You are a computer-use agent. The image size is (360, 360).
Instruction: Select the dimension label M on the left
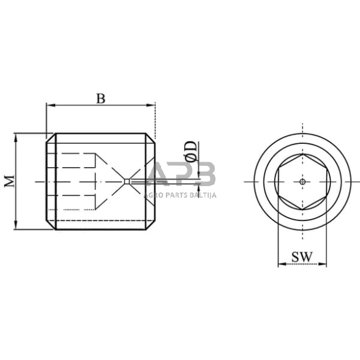[x=9, y=181]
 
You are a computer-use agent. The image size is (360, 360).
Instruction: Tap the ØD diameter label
[x=191, y=151]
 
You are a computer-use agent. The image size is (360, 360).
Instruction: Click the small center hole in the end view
[x=302, y=181]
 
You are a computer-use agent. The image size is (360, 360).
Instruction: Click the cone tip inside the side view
[x=125, y=181]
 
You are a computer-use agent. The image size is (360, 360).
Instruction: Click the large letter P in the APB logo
[x=182, y=174]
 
